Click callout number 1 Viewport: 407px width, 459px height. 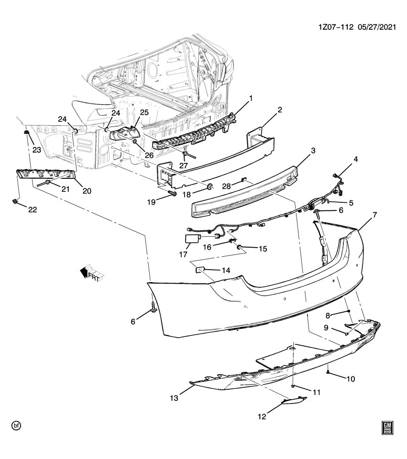coord(250,99)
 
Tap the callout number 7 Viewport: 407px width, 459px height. coord(374,215)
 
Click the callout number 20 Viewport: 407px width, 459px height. coord(87,191)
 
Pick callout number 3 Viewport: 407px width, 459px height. coord(313,151)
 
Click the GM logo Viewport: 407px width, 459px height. coord(387,427)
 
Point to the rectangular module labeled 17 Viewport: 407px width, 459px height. coord(192,238)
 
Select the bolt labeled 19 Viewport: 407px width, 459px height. coord(172,194)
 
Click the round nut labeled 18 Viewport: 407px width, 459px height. coord(209,186)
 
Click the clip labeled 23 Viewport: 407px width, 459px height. coord(27,132)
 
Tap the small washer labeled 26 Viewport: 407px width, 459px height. coord(136,142)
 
